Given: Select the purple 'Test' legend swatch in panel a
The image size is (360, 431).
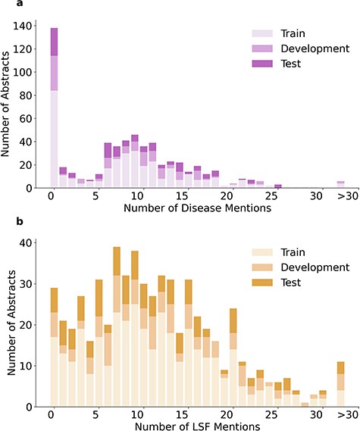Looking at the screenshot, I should (261, 64).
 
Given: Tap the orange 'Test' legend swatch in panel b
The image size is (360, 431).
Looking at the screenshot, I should (261, 283).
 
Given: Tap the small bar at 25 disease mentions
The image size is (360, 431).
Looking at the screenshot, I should (277, 186).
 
